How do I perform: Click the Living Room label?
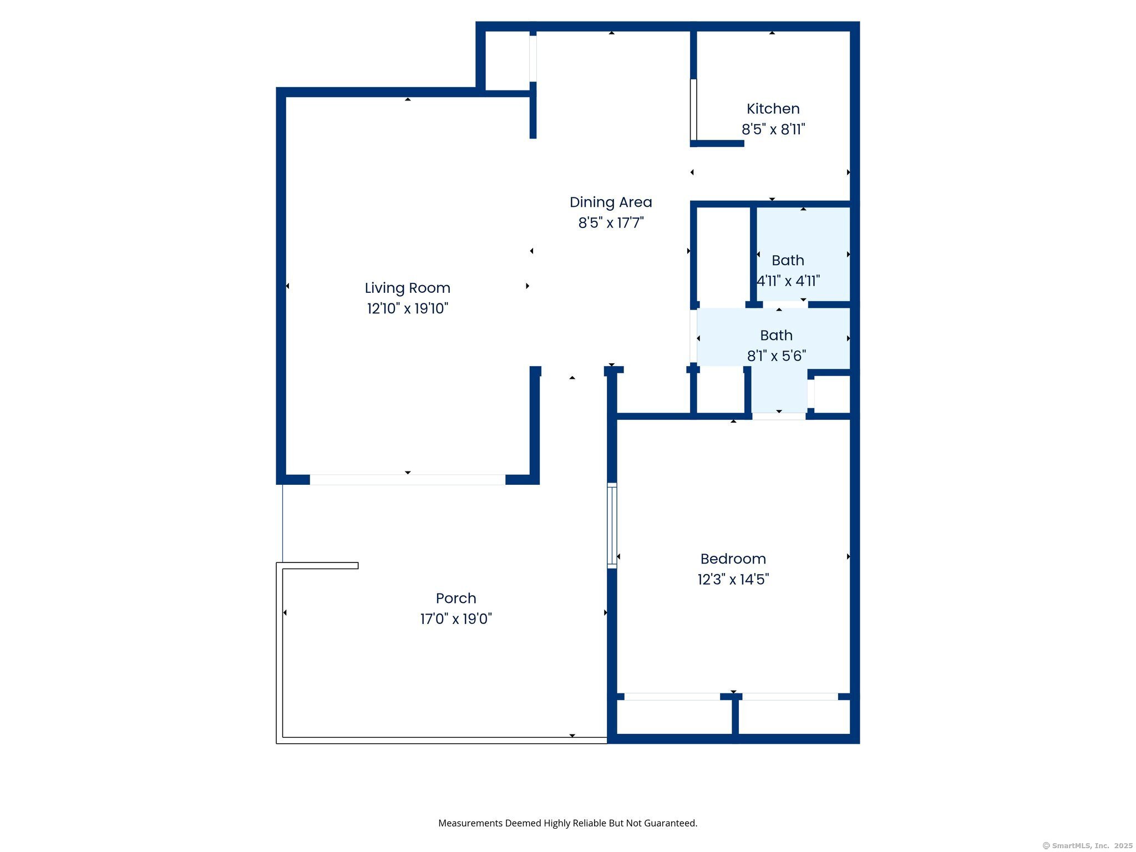(x=407, y=288)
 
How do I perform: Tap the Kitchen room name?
(x=773, y=109)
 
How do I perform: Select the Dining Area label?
(x=611, y=202)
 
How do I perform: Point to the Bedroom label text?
(x=733, y=559)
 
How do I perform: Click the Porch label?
(x=456, y=598)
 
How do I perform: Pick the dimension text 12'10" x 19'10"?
(x=407, y=308)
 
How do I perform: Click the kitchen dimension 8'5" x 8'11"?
(x=773, y=129)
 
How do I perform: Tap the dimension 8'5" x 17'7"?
(x=611, y=223)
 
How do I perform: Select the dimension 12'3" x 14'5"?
(x=733, y=579)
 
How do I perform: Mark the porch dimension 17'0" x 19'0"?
(x=456, y=618)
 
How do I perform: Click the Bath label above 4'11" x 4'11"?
(x=788, y=260)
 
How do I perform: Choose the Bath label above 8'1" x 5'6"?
(x=776, y=335)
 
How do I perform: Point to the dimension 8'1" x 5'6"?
(x=776, y=356)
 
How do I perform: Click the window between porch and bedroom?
(x=612, y=525)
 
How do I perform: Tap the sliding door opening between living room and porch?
(x=407, y=480)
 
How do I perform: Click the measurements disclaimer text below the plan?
(x=567, y=823)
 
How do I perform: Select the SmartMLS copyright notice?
(x=1087, y=845)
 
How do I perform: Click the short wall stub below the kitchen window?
(x=717, y=144)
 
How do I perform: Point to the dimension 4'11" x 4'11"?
(x=788, y=281)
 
